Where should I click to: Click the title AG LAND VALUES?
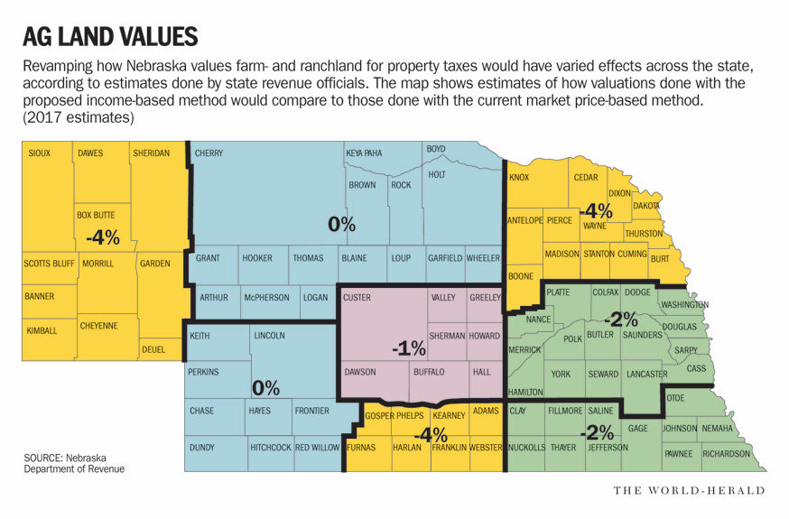110,37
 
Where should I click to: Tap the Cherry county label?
209,153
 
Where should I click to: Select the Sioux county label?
39,153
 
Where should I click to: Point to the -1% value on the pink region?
408,348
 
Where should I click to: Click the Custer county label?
357,297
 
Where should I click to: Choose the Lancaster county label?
645,374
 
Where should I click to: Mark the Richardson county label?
726,453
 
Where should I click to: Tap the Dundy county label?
202,447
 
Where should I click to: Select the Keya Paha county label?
364,153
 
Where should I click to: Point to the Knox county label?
519,178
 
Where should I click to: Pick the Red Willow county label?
317,447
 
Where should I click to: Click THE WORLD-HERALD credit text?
689,490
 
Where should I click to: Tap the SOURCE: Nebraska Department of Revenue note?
74,463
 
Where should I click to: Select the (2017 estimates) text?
79,118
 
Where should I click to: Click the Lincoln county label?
269,336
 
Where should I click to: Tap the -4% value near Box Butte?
102,237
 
